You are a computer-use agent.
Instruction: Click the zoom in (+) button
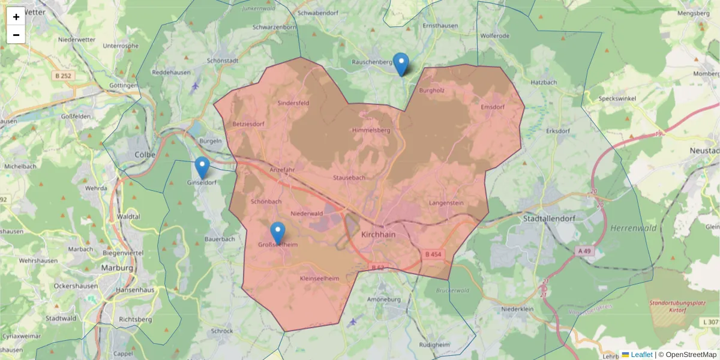16,17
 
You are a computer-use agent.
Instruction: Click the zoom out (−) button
16,35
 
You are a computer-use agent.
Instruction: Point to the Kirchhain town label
379,235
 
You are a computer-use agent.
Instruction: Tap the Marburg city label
117,268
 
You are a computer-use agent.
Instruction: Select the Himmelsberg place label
372,130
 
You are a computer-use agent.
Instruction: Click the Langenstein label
446,203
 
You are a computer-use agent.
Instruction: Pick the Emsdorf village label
493,107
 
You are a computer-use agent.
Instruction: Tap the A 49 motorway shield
585,250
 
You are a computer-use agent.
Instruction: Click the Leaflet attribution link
641,355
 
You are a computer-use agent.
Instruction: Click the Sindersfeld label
293,103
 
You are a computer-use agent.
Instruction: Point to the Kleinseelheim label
319,278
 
